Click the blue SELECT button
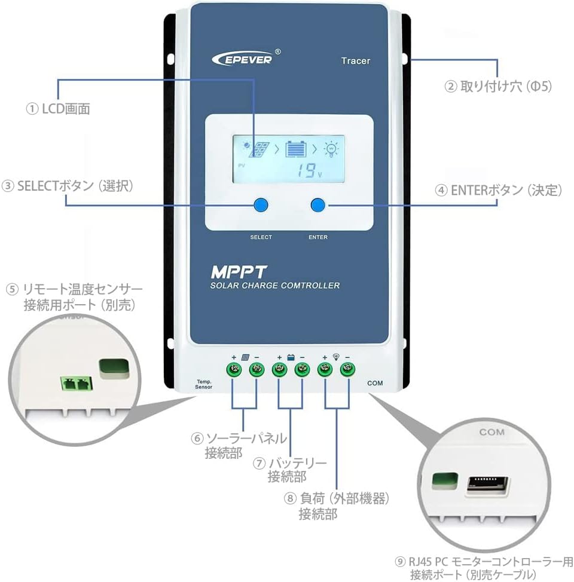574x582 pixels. (260, 205)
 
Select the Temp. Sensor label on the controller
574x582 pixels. (204, 384)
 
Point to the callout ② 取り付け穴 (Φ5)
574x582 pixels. (497, 87)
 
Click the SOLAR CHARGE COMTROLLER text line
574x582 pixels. (274, 286)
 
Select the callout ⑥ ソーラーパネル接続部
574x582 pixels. (239, 445)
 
